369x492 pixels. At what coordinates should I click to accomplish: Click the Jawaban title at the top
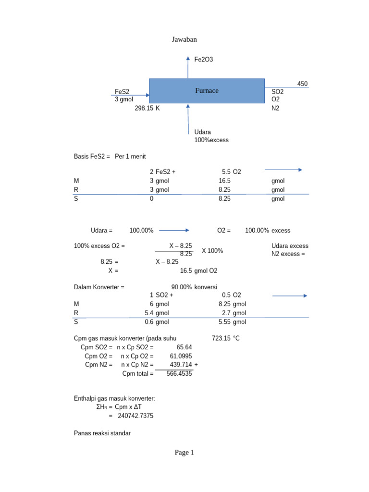click(x=184, y=39)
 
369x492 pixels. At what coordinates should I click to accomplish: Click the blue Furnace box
click(x=207, y=91)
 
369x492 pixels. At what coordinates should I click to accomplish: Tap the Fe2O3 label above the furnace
click(x=203, y=60)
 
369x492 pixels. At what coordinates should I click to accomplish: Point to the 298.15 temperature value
click(x=144, y=109)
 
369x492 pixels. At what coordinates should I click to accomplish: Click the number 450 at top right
click(x=302, y=84)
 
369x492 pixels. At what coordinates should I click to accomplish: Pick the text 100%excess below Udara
click(x=211, y=140)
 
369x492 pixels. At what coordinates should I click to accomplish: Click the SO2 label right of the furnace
click(x=277, y=91)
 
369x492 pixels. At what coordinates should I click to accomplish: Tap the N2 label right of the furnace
click(x=275, y=109)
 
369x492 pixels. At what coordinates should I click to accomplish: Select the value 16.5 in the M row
click(x=224, y=181)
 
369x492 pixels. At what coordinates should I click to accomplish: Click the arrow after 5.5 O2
click(x=283, y=170)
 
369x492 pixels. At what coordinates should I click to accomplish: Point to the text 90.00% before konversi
click(x=182, y=287)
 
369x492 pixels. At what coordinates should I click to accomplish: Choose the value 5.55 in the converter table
click(x=224, y=322)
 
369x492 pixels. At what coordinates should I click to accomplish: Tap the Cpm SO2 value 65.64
click(x=184, y=347)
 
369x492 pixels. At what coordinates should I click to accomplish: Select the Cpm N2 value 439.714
click(x=181, y=365)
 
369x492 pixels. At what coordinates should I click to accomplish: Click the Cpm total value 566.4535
click(x=179, y=373)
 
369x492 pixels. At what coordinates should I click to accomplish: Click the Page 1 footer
click(x=184, y=453)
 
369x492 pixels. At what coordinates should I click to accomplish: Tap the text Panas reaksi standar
click(x=102, y=433)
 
